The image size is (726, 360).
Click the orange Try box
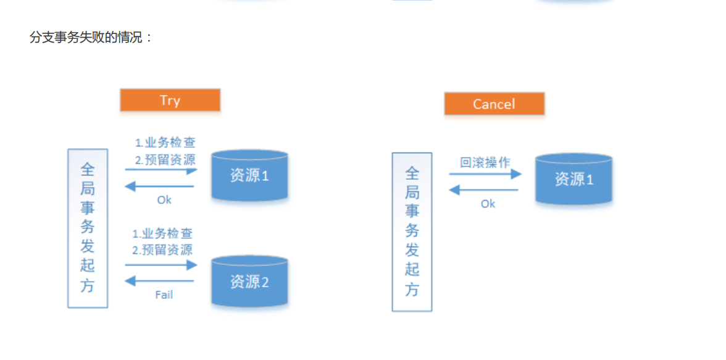click(x=170, y=100)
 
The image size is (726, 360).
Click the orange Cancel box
click(x=494, y=104)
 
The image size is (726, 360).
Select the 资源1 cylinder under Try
click(x=249, y=175)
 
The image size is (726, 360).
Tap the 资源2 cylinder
click(x=249, y=282)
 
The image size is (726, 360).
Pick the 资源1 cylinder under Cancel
click(x=574, y=179)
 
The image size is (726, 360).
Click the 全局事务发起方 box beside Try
click(x=88, y=228)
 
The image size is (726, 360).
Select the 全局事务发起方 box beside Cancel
click(x=412, y=232)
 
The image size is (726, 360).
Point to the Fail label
click(x=164, y=295)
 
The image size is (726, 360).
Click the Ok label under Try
click(x=164, y=200)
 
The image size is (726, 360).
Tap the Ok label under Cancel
click(x=488, y=204)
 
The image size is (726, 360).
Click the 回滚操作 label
click(x=485, y=163)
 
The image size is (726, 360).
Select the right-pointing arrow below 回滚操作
click(x=485, y=175)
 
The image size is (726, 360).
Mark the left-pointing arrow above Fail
click(x=160, y=282)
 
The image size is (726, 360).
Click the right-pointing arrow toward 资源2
click(x=161, y=265)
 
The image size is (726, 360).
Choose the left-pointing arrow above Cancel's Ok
click(x=484, y=190)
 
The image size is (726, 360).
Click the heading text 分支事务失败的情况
click(x=91, y=37)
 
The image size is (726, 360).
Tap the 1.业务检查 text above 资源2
click(x=162, y=234)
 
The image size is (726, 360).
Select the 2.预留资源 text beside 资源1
click(x=165, y=160)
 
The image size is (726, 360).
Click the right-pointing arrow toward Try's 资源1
click(x=161, y=170)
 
